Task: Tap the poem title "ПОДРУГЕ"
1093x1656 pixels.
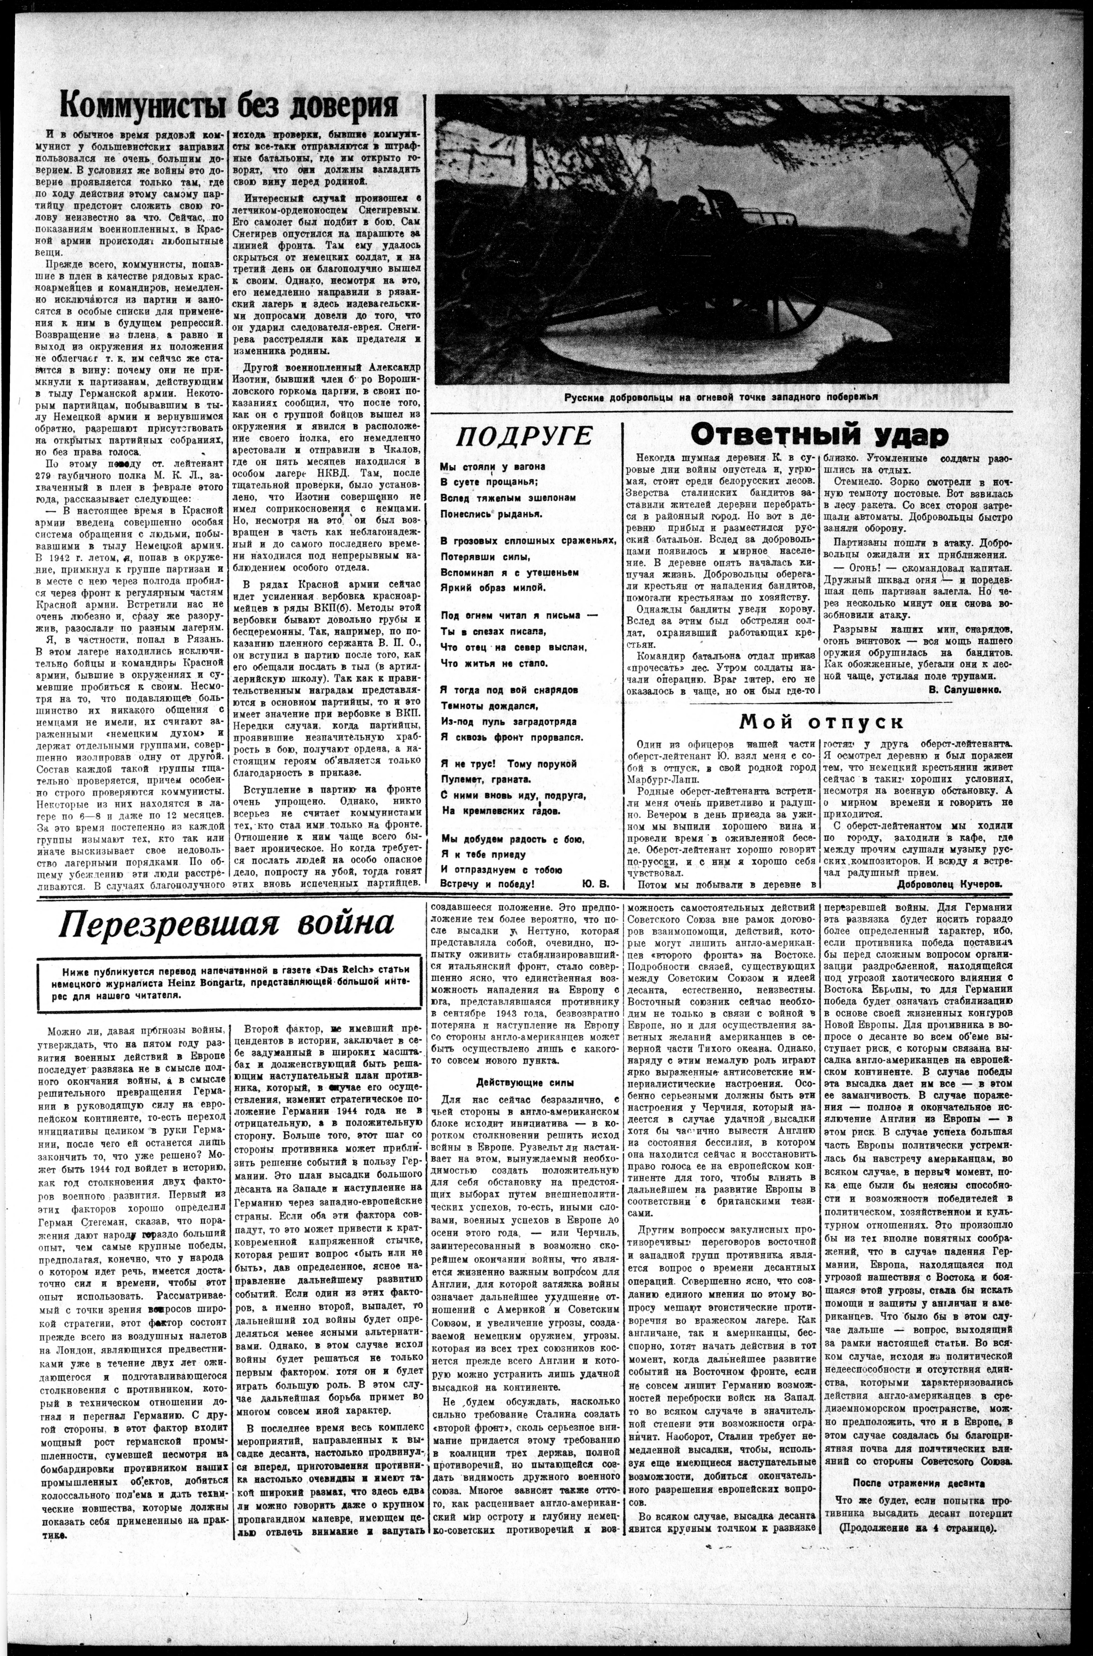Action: (524, 436)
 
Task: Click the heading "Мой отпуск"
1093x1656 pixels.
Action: (821, 720)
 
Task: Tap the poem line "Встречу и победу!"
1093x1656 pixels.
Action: (487, 883)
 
